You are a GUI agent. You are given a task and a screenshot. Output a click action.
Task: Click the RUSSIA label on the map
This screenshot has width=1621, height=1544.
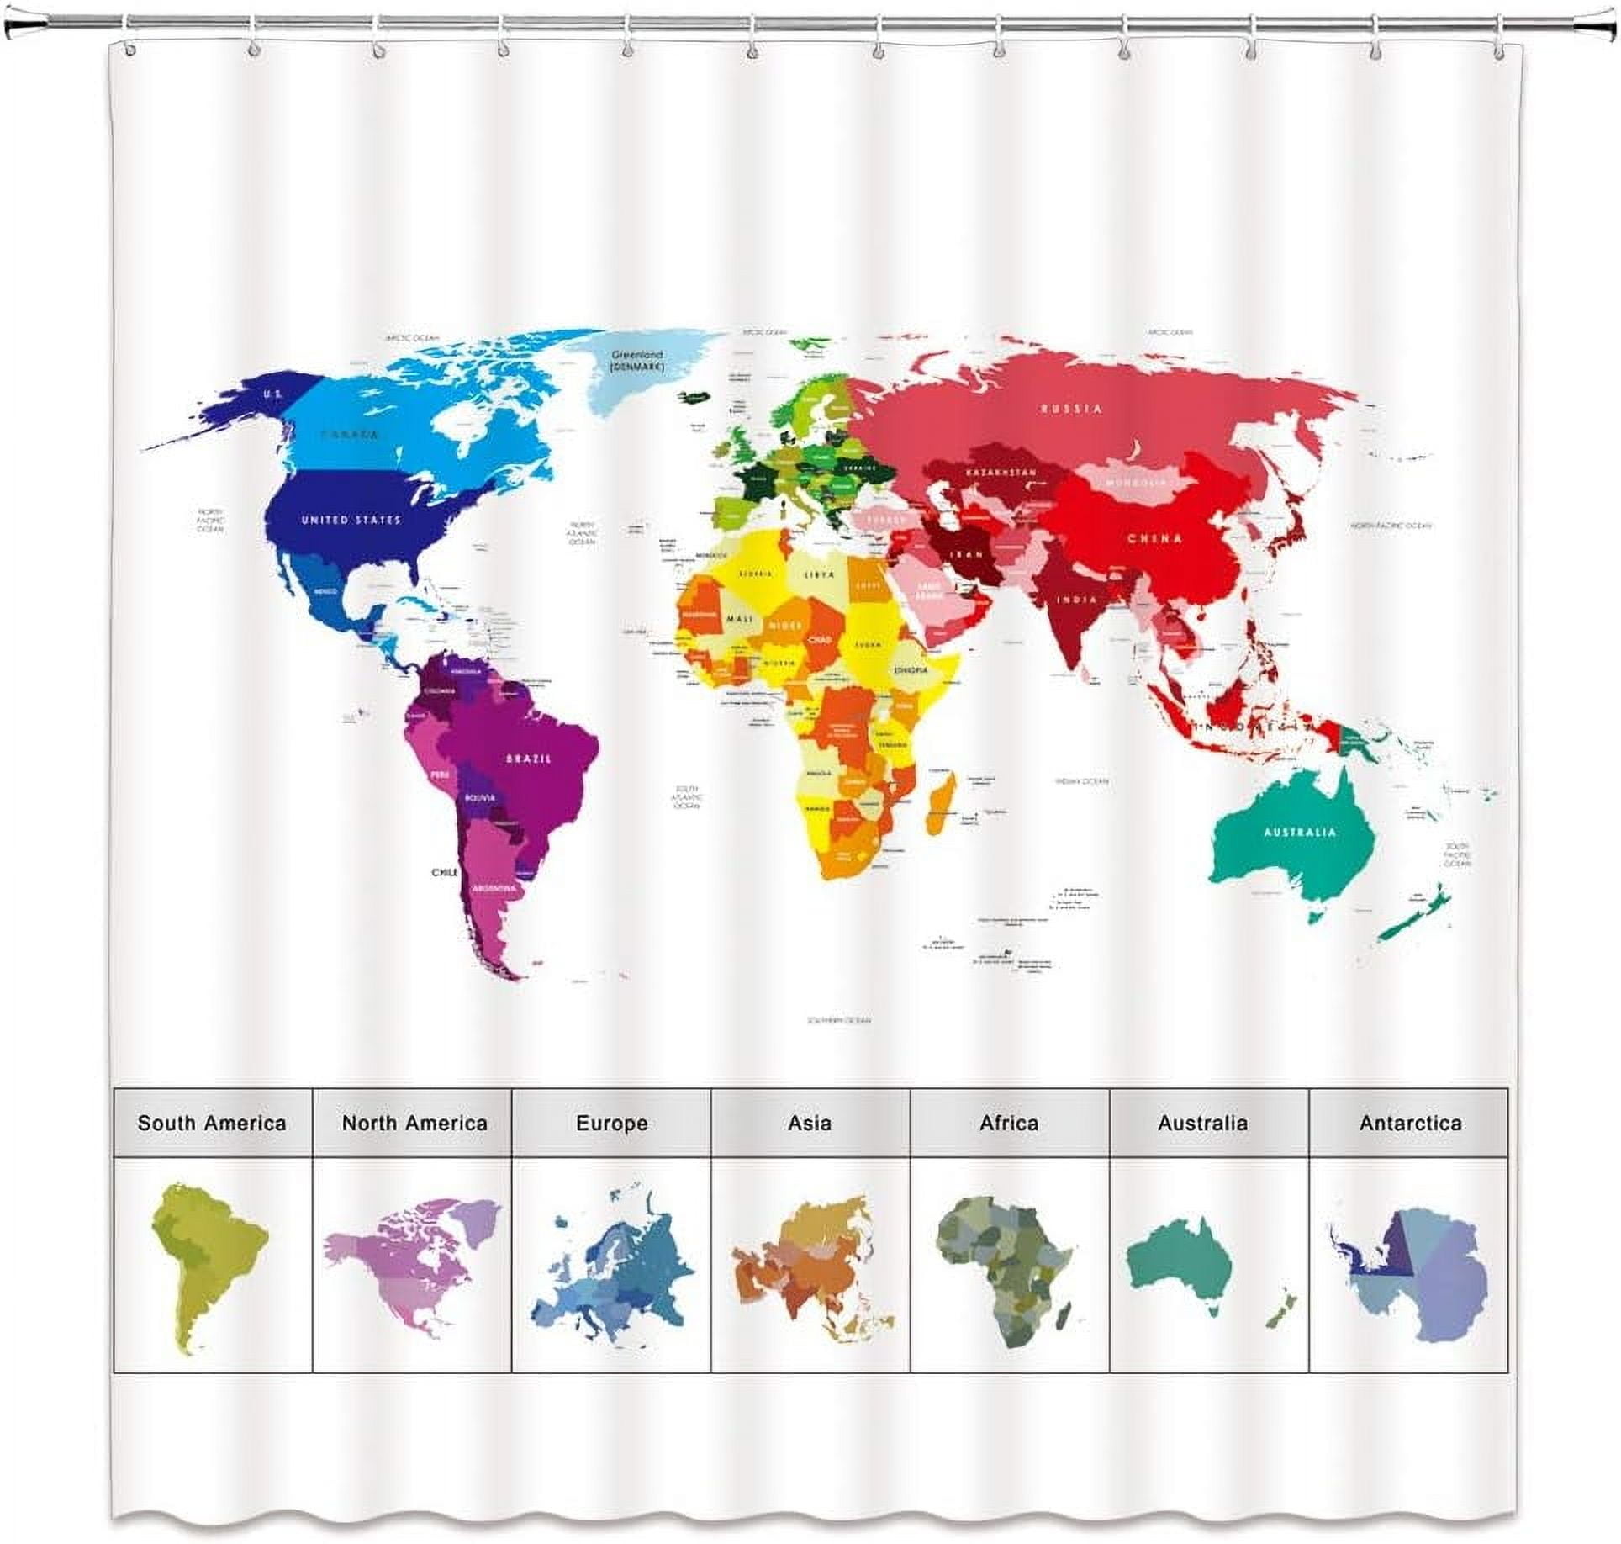click(1071, 409)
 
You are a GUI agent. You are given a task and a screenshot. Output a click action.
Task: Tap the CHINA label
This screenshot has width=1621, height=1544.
click(1154, 539)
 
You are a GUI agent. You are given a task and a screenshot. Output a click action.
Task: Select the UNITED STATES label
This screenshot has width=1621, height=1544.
click(351, 521)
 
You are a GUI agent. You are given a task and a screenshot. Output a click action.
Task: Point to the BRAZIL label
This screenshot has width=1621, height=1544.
click(529, 759)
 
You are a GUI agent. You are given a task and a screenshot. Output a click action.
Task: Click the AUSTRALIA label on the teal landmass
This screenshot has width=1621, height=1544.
click(1299, 833)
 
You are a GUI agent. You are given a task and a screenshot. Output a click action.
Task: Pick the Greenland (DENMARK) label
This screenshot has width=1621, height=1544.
click(637, 361)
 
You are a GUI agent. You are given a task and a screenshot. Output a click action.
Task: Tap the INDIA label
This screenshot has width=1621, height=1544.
click(1077, 600)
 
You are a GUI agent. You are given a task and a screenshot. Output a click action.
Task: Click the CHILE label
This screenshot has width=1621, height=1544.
click(445, 873)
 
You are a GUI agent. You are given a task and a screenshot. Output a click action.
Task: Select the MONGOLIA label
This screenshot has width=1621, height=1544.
click(1136, 483)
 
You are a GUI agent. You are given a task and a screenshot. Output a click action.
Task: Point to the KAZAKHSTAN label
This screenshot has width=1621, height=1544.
click(1001, 473)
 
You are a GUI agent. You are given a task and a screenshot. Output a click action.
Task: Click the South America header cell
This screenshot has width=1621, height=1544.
click(212, 1123)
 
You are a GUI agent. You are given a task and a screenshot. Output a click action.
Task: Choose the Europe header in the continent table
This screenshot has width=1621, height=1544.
click(611, 1123)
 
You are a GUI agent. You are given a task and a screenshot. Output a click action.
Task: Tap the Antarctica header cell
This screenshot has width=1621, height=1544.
click(1410, 1123)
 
